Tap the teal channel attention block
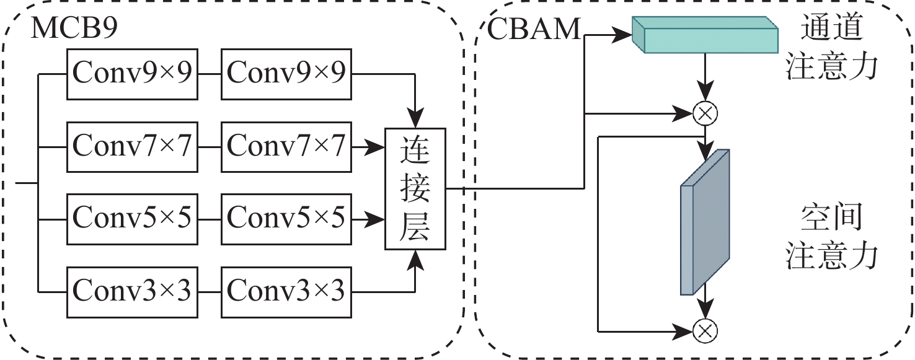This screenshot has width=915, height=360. click(x=705, y=35)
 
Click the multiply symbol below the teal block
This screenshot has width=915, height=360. click(x=705, y=113)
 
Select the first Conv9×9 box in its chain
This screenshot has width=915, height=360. click(x=132, y=74)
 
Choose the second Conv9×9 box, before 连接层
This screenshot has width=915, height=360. click(x=286, y=74)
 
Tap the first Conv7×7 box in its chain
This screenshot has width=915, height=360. click(x=132, y=147)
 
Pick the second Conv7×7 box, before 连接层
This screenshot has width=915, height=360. click(x=286, y=147)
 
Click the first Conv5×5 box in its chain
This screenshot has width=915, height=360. click(x=132, y=217)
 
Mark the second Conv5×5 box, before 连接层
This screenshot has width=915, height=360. click(x=286, y=217)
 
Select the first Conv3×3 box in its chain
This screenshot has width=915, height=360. click(x=132, y=291)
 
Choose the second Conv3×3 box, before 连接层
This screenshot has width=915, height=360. click(x=286, y=291)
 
